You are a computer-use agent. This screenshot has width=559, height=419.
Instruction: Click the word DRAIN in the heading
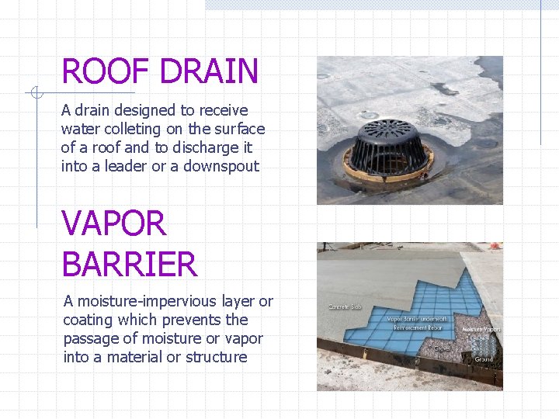pyautogui.click(x=210, y=71)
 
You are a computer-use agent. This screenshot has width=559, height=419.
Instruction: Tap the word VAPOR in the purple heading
pyautogui.click(x=114, y=224)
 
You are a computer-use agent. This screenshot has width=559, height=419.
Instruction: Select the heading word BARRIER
pyautogui.click(x=130, y=265)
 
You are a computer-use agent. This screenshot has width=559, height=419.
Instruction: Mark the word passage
pyautogui.click(x=93, y=338)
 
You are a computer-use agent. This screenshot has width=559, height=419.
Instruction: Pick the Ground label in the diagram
pyautogui.click(x=484, y=359)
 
